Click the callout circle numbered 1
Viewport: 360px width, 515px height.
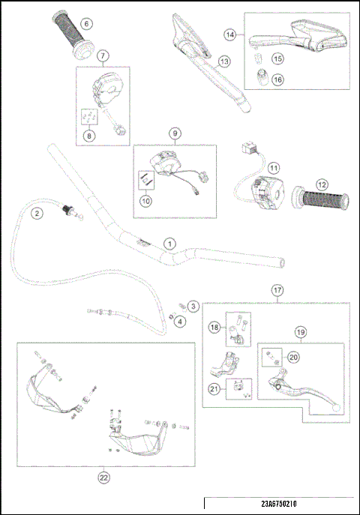pyautogui.click(x=170, y=244)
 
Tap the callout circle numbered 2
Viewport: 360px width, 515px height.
pyautogui.click(x=35, y=213)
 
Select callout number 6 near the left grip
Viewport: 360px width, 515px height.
pyautogui.click(x=86, y=23)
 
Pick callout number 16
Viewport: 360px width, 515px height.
pyautogui.click(x=277, y=79)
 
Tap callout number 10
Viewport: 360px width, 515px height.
pyautogui.click(x=145, y=200)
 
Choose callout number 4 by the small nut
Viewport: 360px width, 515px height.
pyautogui.click(x=180, y=321)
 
